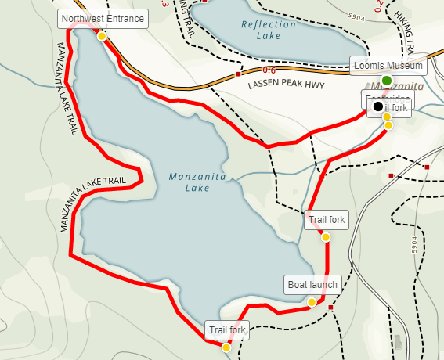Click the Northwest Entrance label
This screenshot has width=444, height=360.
pyautogui.click(x=102, y=18)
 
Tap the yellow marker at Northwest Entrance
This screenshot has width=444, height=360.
pyautogui.click(x=102, y=35)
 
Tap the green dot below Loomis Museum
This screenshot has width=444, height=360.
pyautogui.click(x=387, y=81)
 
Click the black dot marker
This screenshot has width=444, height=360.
pyautogui.click(x=378, y=106)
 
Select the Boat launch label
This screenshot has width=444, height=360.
pyautogui.click(x=312, y=285)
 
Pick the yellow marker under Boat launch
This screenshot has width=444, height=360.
pyautogui.click(x=312, y=302)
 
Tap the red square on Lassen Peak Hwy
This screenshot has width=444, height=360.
pyautogui.click(x=238, y=74)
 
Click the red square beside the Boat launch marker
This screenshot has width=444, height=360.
pyautogui.click(x=331, y=308)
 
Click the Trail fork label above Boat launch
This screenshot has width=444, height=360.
pyautogui.click(x=327, y=220)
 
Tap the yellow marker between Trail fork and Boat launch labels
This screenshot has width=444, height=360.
pyautogui.click(x=326, y=237)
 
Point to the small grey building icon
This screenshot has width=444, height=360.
pyautogui.click(x=400, y=343)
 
